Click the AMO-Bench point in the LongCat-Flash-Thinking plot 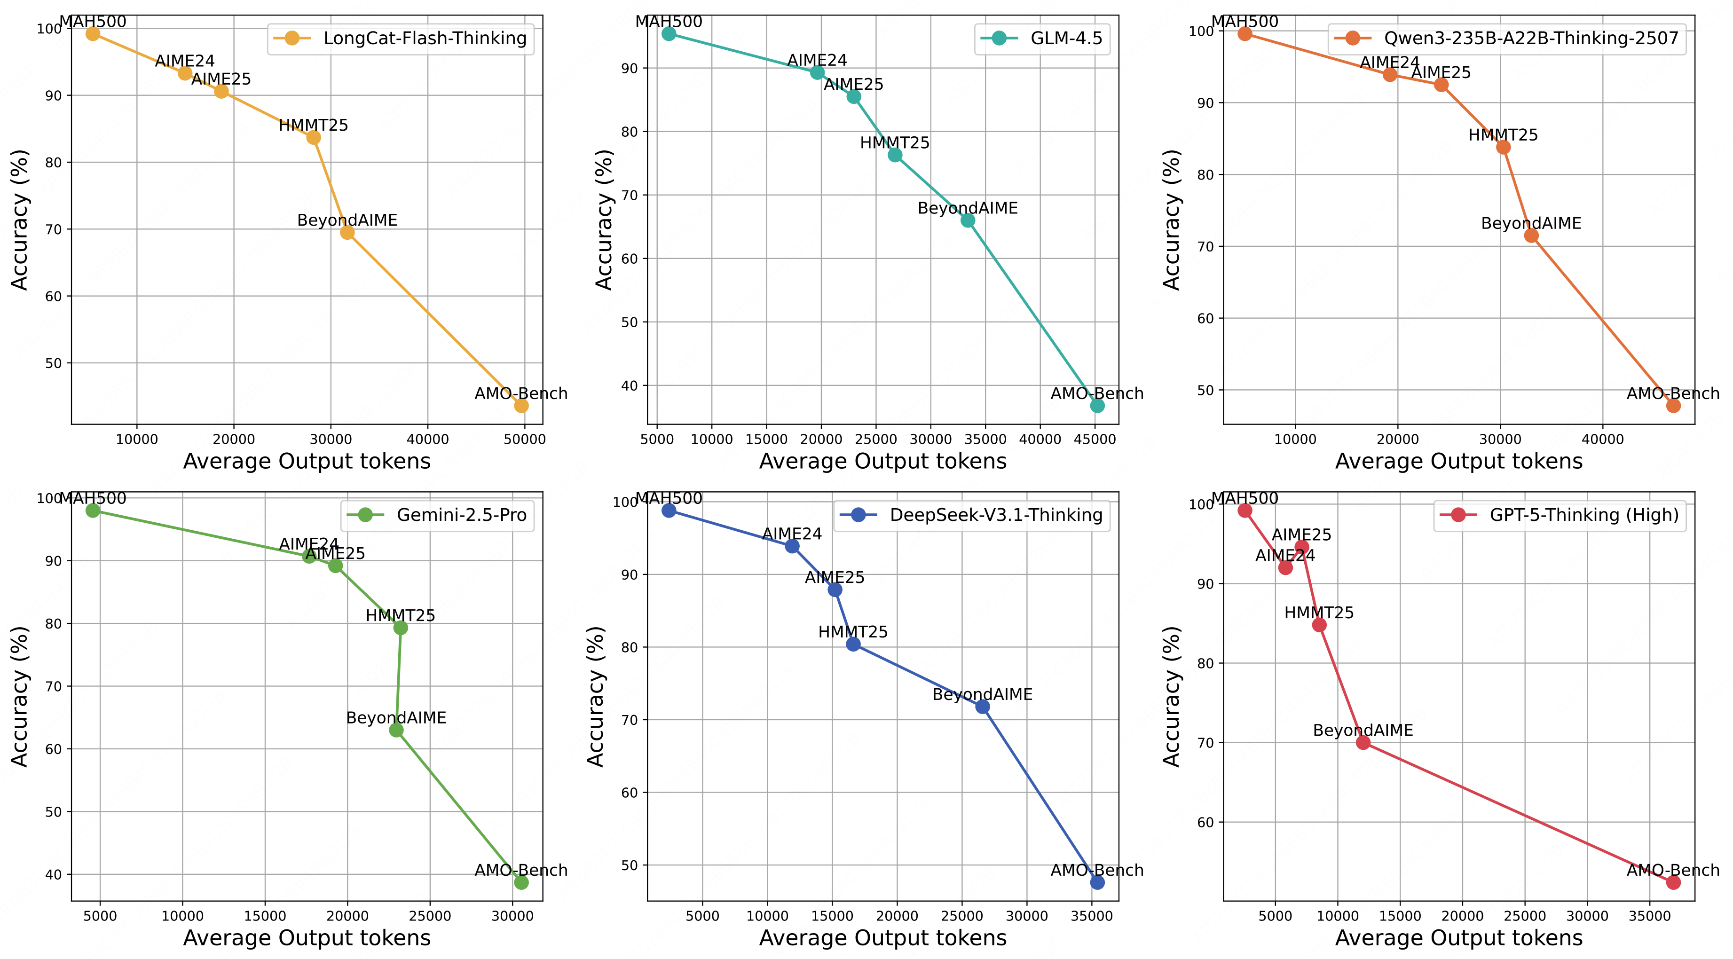coord(521,406)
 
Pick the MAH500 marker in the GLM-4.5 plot coord(669,34)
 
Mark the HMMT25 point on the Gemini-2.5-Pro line coord(400,628)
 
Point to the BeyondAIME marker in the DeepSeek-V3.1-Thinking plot coord(982,707)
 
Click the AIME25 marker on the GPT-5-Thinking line coord(1302,547)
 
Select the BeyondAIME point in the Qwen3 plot coord(1531,236)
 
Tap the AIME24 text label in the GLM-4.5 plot coord(818,61)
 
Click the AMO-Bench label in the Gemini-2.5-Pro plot coord(521,870)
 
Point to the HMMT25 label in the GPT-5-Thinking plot coord(1319,613)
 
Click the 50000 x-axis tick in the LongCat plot coord(525,440)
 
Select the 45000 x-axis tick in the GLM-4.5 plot coord(1095,440)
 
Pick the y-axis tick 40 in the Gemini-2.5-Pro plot coord(53,875)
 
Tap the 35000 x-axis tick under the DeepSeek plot coord(1091,916)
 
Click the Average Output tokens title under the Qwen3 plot coord(1458,461)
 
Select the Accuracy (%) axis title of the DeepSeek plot coord(596,696)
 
